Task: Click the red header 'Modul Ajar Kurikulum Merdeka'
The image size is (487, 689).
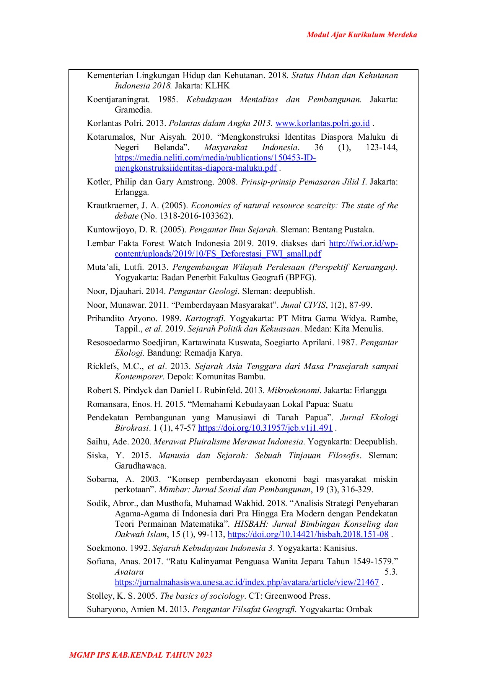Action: [x=362, y=35]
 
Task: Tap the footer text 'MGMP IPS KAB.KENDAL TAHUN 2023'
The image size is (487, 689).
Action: [x=140, y=655]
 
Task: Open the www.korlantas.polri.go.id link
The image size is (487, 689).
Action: [x=322, y=123]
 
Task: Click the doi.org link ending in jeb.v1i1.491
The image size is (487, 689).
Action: [x=265, y=428]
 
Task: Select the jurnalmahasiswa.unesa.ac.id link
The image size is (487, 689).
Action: [x=247, y=582]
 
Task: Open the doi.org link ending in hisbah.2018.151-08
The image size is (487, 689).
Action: [x=308, y=534]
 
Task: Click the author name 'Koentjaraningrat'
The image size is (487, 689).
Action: [x=118, y=100]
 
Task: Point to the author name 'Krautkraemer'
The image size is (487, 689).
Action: [x=112, y=206]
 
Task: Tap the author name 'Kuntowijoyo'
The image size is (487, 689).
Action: [x=109, y=230]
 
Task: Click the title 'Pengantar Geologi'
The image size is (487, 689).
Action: [x=203, y=291]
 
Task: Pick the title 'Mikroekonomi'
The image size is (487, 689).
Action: [x=293, y=390]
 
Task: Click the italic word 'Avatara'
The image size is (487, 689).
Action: [x=129, y=572]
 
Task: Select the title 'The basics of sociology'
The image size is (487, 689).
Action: [x=202, y=596]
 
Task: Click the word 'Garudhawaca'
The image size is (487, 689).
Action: [x=140, y=466]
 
